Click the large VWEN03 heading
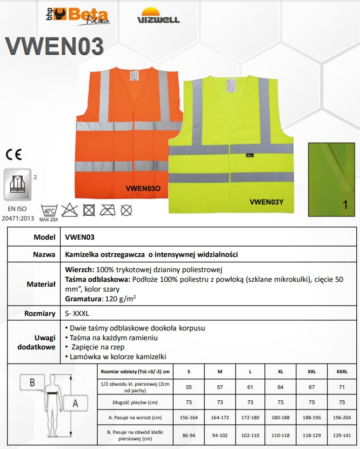click(54, 47)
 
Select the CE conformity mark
click(14, 154)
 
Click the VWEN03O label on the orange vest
click(143, 189)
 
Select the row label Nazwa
click(45, 254)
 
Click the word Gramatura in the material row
click(83, 298)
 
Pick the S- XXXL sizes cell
click(77, 313)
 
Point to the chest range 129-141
click(342, 434)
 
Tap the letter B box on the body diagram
click(32, 382)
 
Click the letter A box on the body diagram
click(75, 403)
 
